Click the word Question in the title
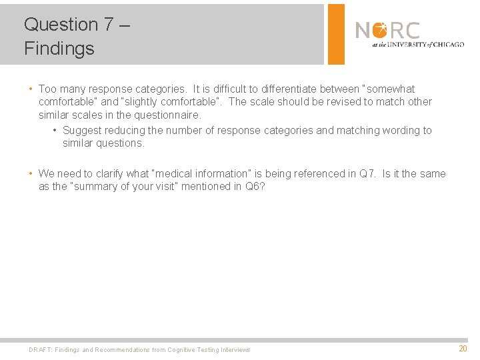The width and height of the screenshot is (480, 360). (61, 25)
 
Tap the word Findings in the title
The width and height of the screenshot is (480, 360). (59, 49)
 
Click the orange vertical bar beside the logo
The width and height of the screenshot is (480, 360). (337, 34)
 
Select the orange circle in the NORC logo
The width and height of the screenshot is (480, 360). (379, 30)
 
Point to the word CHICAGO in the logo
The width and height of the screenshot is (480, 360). (447, 45)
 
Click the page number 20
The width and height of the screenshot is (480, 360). (463, 349)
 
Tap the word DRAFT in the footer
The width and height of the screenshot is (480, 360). (40, 349)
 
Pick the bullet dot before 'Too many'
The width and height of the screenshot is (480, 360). (31, 89)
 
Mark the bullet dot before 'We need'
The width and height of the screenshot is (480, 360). (31, 174)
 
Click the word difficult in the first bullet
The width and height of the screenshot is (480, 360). (225, 89)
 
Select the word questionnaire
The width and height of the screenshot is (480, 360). (167, 115)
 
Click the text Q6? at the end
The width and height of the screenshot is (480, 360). (255, 186)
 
